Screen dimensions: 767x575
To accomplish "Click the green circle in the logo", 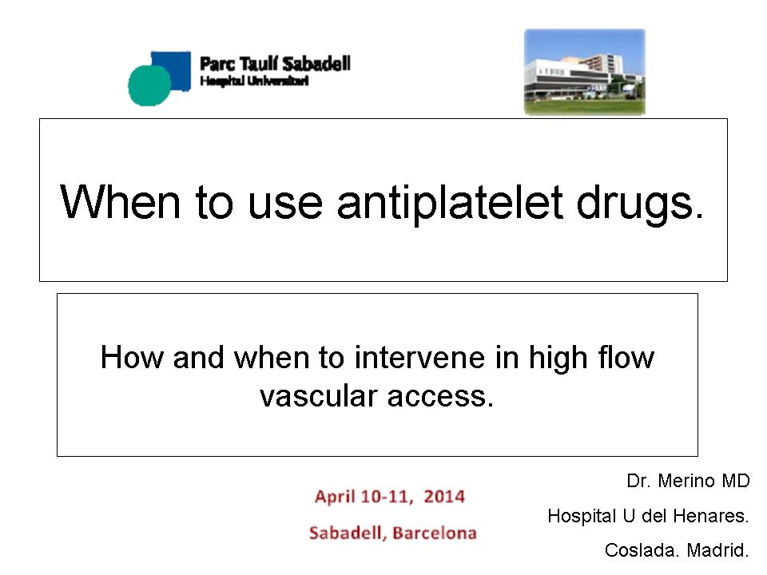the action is (x=149, y=85).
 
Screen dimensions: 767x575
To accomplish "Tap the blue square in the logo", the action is (x=171, y=70).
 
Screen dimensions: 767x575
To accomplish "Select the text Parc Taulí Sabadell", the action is (x=275, y=64).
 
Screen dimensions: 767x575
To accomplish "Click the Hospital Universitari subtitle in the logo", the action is (x=254, y=81).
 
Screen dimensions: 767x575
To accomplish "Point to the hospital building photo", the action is (x=585, y=72).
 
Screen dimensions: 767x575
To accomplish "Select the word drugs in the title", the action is (x=640, y=203).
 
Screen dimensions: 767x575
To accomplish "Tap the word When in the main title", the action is (x=120, y=201).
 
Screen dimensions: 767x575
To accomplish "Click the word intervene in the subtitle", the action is (x=419, y=358).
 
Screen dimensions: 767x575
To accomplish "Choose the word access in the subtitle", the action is (x=441, y=397).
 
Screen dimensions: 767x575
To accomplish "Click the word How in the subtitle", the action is (x=132, y=357).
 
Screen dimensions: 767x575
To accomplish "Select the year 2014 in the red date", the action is (x=444, y=497).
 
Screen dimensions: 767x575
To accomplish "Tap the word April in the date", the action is (x=335, y=498).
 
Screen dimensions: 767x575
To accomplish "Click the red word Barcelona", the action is (x=435, y=533).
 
